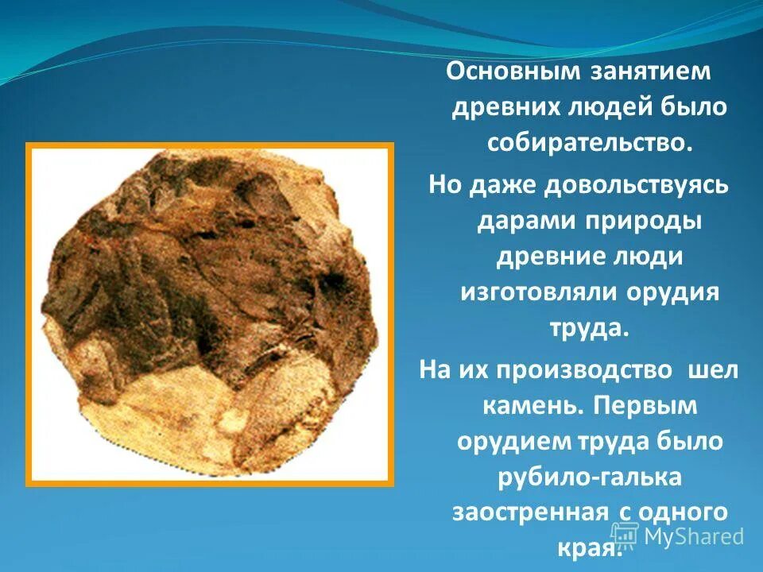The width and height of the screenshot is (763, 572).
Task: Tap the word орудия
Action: coord(676,292)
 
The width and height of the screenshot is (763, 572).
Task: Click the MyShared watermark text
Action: coord(693,535)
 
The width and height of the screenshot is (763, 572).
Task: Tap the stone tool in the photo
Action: coord(210,310)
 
